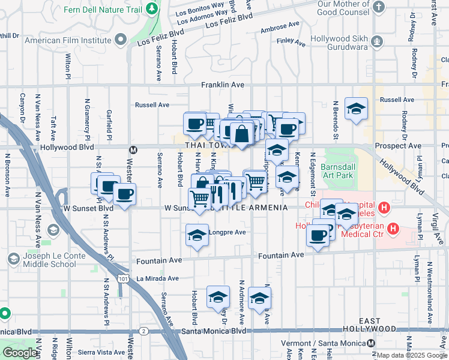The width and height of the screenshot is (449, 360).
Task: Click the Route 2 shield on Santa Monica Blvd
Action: (144, 331)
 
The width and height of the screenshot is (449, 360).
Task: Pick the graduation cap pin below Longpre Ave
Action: (197, 236)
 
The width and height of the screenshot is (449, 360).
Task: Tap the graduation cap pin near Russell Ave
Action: (356, 109)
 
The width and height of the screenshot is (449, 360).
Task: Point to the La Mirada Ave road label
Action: (157, 278)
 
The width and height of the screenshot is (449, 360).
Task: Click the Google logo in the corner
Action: (19, 353)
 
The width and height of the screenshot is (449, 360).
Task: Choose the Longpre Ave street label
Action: (228, 232)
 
